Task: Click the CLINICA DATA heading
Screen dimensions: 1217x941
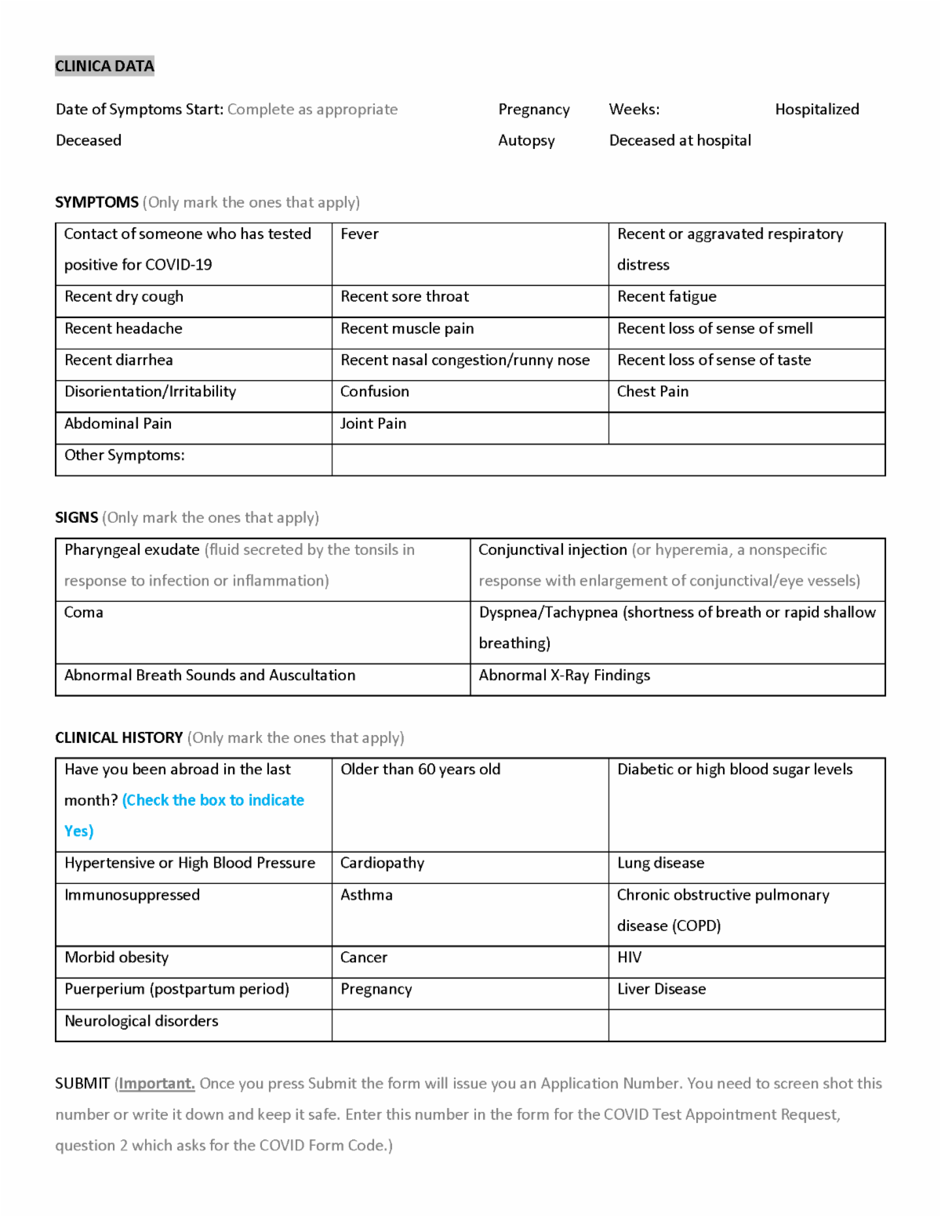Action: point(104,66)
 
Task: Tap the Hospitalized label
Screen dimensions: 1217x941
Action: point(816,110)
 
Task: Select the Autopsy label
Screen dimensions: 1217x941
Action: point(526,141)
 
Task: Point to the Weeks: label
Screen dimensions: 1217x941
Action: point(634,110)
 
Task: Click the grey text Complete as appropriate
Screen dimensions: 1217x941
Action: point(312,110)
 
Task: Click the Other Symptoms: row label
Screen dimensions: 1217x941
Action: point(125,455)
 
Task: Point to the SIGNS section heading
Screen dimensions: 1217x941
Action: point(77,518)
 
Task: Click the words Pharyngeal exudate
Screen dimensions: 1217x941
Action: point(132,550)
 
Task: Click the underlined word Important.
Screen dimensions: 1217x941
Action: point(156,1084)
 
